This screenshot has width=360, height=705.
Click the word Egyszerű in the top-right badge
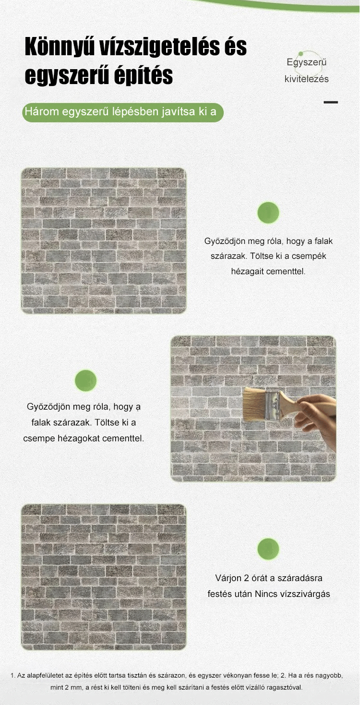point(307,62)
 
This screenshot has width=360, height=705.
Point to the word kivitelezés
point(307,79)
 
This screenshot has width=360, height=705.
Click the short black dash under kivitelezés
point(331,102)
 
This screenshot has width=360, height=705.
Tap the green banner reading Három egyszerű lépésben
point(123,112)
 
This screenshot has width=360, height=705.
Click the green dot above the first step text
point(268,213)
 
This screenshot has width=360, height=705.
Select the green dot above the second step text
point(85,380)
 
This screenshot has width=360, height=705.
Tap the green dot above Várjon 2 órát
point(268,549)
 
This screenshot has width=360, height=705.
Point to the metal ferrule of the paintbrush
point(273,405)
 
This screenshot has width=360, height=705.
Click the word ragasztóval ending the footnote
point(285,688)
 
